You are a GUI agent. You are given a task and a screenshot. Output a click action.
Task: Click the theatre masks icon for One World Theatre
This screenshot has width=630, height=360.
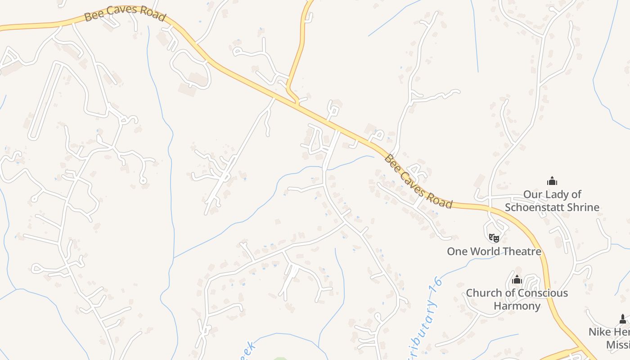pos(494,237)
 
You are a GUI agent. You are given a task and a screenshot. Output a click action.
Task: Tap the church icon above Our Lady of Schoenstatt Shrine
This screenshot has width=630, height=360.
pos(552,181)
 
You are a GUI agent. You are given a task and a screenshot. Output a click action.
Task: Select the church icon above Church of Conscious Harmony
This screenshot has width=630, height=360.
pos(517,279)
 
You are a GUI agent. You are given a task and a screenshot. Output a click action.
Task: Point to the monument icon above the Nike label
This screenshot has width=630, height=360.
pos(623,319)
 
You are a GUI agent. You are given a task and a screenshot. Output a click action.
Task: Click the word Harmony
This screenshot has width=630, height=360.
pos(517,306)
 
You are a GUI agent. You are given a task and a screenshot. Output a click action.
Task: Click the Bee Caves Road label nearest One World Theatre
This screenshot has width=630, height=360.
pos(418,182)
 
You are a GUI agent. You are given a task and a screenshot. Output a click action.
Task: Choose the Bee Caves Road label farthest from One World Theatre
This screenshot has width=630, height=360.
pos(125,13)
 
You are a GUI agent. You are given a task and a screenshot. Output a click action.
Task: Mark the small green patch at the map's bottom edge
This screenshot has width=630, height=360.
pos(280,358)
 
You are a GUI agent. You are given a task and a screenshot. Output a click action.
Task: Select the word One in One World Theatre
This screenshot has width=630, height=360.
pos(457,251)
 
